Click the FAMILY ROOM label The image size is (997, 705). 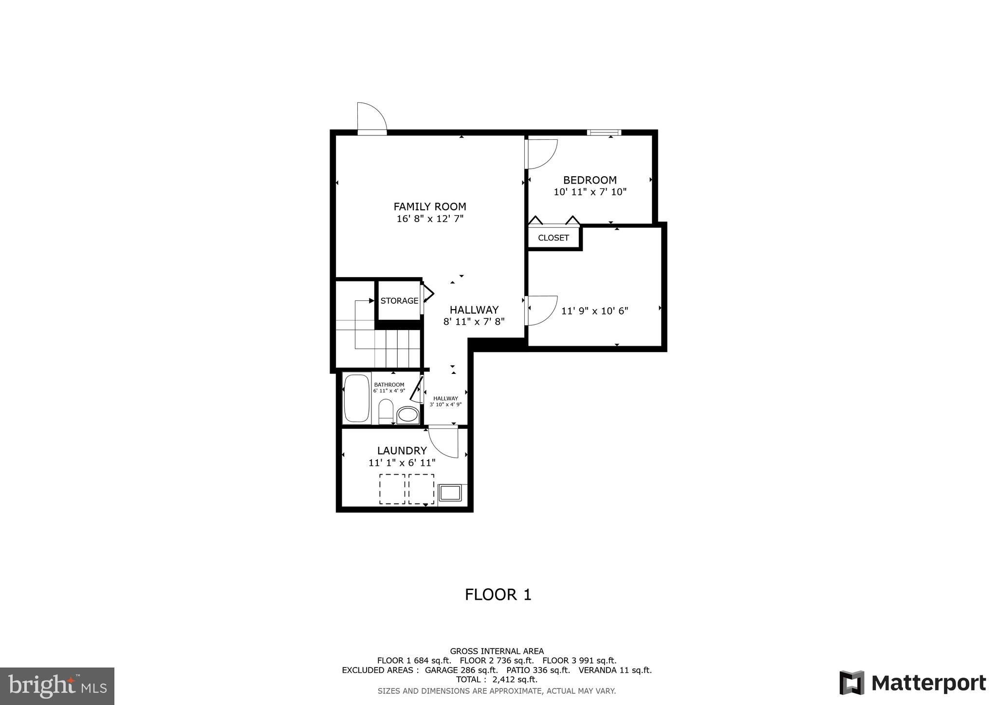tap(429, 206)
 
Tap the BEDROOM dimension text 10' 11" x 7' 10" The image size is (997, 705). tap(590, 192)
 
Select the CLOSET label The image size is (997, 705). tap(553, 238)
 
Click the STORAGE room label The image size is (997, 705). tap(399, 301)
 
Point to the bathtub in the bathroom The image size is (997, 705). tap(356, 397)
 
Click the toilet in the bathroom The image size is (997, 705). tap(386, 411)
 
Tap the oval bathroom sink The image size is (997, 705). tap(407, 415)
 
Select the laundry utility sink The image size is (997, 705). tap(450, 493)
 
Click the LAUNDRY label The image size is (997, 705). tap(402, 451)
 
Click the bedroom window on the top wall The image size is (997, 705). tap(604, 132)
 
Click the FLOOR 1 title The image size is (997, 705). tap(498, 594)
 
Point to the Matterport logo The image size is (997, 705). tap(912, 683)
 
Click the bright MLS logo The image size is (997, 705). tap(57, 686)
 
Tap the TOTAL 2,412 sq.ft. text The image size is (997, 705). tap(497, 679)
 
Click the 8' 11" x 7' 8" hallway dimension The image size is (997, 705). tap(474, 321)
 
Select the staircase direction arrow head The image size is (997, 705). tap(371, 301)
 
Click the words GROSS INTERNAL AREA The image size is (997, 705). tap(497, 651)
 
